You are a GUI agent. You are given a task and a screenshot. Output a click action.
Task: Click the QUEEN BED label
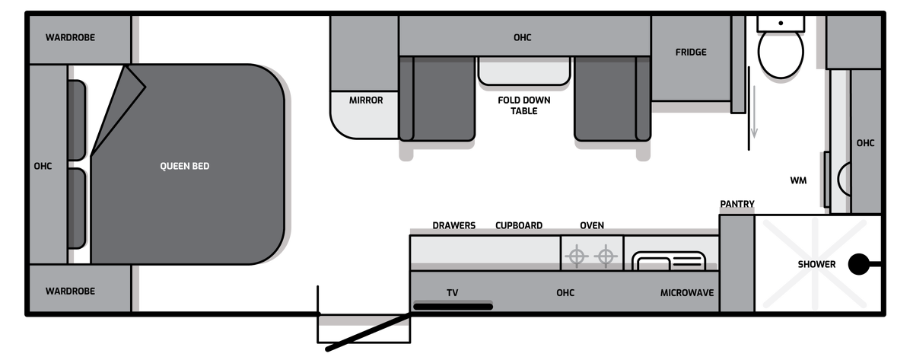click(x=185, y=166)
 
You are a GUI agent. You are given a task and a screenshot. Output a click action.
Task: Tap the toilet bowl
click(x=781, y=53)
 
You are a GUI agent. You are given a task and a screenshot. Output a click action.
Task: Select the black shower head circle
click(x=859, y=264)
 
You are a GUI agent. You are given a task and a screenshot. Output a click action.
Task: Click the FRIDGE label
click(x=691, y=53)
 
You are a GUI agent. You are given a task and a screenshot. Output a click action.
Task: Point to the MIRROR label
click(x=366, y=100)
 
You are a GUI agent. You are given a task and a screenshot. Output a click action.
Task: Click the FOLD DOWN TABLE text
click(x=524, y=106)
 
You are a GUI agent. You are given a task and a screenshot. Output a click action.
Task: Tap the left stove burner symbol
click(x=577, y=256)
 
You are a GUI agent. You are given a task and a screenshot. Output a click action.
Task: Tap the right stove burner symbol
click(x=606, y=256)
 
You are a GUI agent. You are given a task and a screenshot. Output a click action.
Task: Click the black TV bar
click(x=453, y=306)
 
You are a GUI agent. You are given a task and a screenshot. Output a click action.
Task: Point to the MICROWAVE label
click(x=687, y=293)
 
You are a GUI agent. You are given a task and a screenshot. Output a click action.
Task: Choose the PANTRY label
click(x=737, y=204)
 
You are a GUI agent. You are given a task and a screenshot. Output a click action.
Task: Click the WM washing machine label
click(x=798, y=180)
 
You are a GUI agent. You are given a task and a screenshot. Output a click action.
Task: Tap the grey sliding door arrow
click(x=754, y=112)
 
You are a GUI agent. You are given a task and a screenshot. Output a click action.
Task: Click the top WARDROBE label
click(x=70, y=37)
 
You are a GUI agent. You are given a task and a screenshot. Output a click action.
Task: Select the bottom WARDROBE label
click(x=70, y=291)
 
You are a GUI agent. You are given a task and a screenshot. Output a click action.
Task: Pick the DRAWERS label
click(x=454, y=225)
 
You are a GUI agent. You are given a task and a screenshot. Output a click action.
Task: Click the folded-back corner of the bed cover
click(x=118, y=107)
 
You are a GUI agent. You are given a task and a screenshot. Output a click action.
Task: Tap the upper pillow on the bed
click(x=77, y=120)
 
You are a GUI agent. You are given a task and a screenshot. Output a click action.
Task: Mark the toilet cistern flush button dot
click(x=781, y=24)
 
